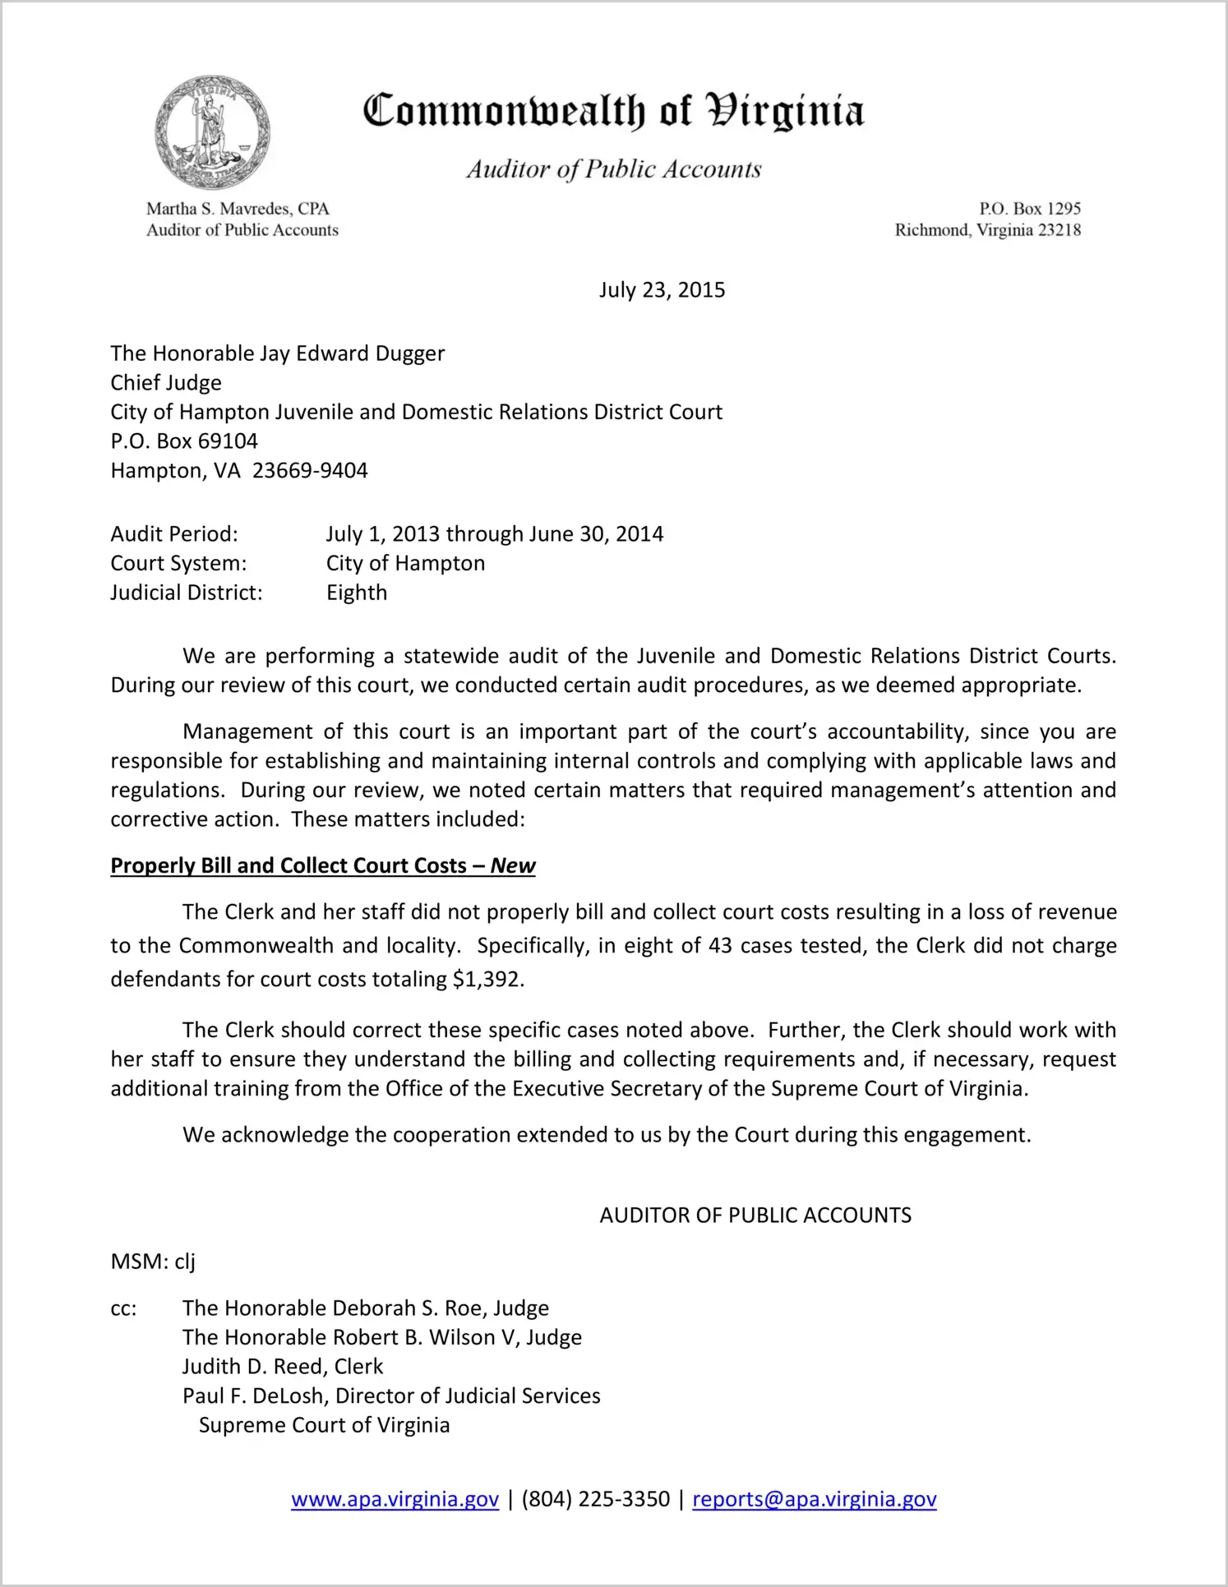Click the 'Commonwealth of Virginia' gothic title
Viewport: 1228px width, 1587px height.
(x=613, y=111)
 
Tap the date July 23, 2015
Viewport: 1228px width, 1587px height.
(x=662, y=290)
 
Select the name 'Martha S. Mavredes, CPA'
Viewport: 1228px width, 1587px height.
(x=238, y=209)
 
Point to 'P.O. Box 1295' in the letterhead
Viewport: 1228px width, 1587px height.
(x=1029, y=209)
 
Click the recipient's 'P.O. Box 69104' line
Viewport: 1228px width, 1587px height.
(x=184, y=441)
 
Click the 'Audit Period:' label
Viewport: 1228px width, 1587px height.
(x=174, y=534)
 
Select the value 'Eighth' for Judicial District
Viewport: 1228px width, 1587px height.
(x=357, y=593)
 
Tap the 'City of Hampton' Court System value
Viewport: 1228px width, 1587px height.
(x=405, y=564)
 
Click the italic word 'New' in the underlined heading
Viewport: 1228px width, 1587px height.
(x=513, y=866)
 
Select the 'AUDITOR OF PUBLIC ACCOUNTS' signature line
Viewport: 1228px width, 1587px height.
(x=755, y=1216)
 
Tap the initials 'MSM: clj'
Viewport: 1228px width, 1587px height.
(x=153, y=1262)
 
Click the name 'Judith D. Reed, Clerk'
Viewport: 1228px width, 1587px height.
(x=283, y=1367)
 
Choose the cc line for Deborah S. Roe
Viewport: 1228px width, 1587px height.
(x=365, y=1308)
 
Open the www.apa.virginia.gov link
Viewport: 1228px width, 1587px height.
(x=395, y=1499)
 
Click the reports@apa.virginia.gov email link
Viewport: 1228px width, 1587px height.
(x=814, y=1499)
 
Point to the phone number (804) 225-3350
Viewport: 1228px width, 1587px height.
(x=595, y=1499)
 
